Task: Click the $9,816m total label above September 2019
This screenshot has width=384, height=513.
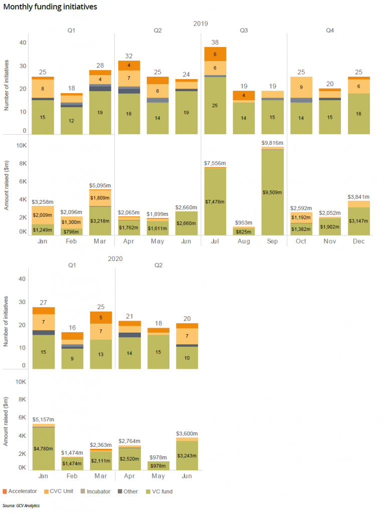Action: (x=272, y=143)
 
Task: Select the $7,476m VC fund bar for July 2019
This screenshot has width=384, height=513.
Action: (x=215, y=201)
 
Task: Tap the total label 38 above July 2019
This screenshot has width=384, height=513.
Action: (x=215, y=43)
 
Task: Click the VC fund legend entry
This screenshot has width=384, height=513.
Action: (x=159, y=491)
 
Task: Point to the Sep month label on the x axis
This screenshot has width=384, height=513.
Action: (x=272, y=241)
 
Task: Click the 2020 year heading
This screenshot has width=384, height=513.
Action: (x=115, y=259)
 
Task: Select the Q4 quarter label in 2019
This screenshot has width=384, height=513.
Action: (x=330, y=31)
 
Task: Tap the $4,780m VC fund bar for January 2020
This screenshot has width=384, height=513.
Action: (x=43, y=448)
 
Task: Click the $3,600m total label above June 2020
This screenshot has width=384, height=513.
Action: (x=186, y=434)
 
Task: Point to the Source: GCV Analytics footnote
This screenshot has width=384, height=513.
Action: (x=21, y=505)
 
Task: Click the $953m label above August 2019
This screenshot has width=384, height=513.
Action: (x=244, y=222)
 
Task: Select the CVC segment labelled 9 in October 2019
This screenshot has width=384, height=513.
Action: (x=301, y=87)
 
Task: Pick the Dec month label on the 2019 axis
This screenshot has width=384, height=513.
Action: (x=358, y=241)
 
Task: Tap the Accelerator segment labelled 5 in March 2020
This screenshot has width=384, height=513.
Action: (x=100, y=317)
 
